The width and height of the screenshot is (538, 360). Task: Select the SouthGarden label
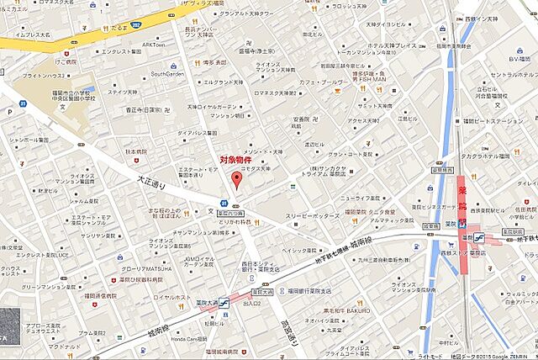[167, 73]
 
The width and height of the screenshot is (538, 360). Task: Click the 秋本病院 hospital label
[135, 151]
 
